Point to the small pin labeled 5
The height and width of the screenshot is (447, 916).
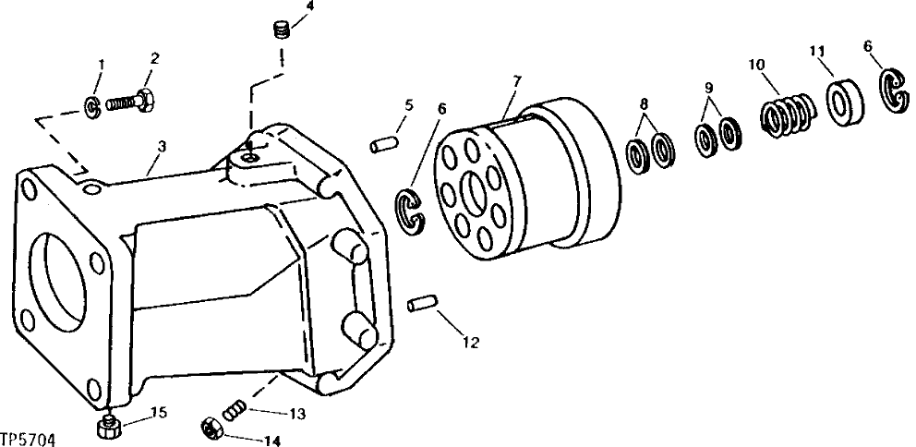point(381,145)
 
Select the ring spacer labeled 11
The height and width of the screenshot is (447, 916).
point(846,103)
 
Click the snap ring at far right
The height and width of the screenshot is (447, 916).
point(893,92)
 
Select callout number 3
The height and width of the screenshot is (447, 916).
point(162,146)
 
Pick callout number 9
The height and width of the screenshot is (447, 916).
point(708,88)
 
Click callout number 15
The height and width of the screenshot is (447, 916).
point(158,412)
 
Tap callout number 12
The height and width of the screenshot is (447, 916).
point(471,343)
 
